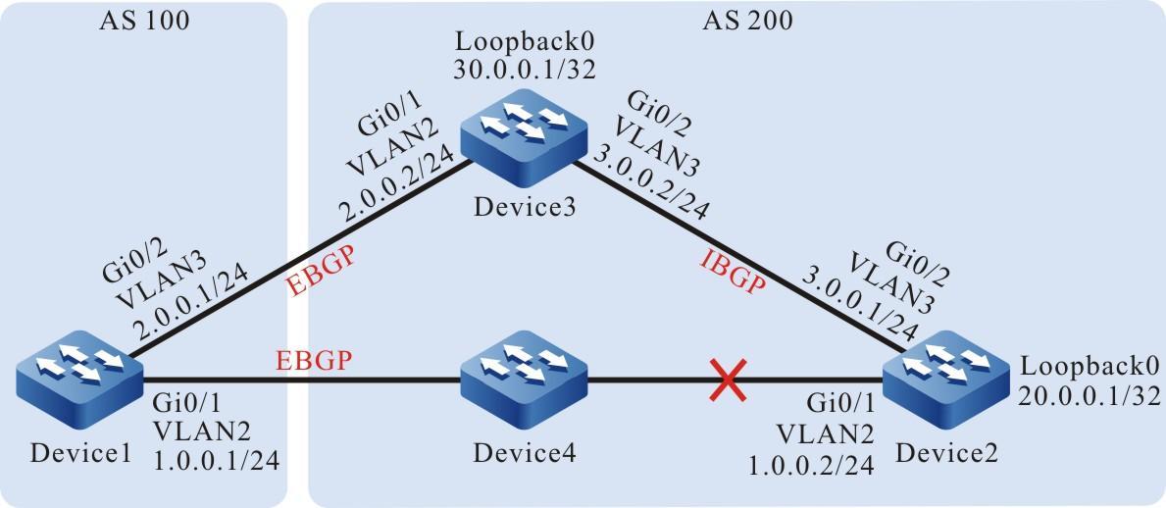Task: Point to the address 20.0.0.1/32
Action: tap(1090, 395)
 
